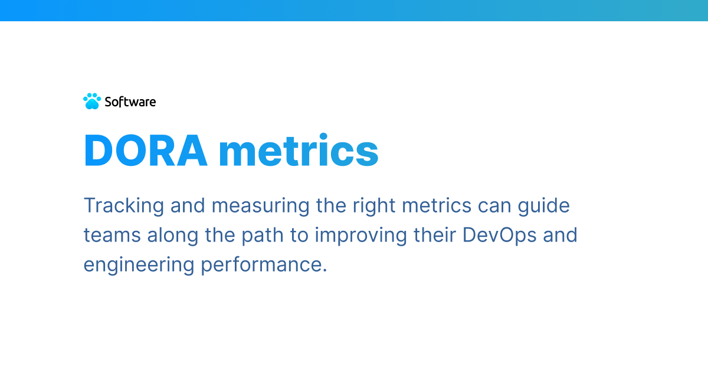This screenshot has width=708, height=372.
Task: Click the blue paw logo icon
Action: [x=91, y=102]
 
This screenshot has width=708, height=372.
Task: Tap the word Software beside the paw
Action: [x=130, y=102]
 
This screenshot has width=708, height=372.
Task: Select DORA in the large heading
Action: [x=145, y=151]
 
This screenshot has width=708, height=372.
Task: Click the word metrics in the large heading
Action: [x=298, y=151]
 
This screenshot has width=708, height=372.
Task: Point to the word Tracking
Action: [x=123, y=206]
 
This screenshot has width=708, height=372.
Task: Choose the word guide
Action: [x=548, y=206]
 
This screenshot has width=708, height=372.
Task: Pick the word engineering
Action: [x=139, y=264]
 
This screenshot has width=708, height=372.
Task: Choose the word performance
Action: [x=264, y=264]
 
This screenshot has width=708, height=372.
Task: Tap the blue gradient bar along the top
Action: [x=354, y=10]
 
